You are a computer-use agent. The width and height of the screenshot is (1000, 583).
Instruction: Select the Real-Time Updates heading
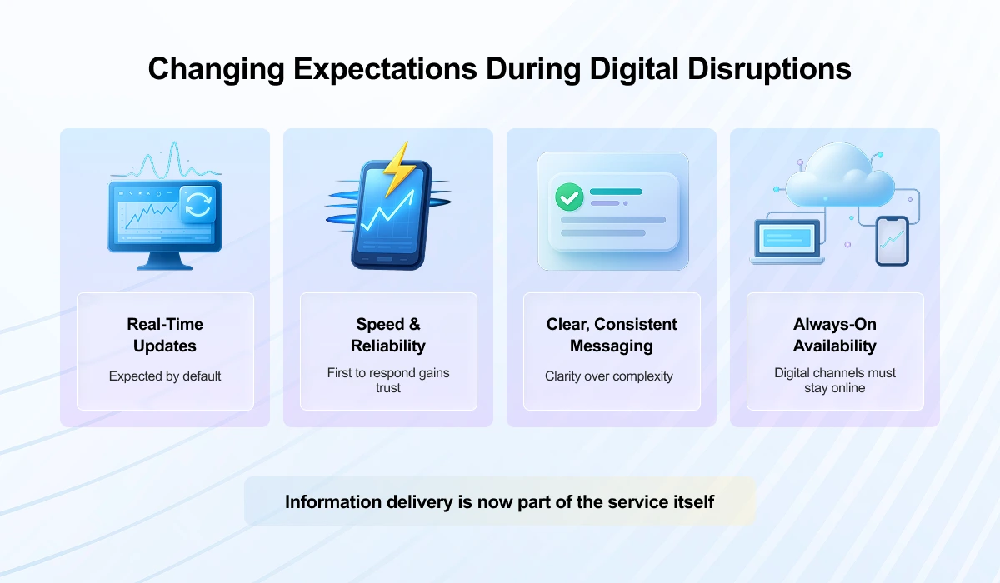click(x=165, y=335)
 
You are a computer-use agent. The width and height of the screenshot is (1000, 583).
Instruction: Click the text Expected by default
click(x=165, y=376)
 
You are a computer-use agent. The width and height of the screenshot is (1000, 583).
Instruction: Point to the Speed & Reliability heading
click(x=388, y=335)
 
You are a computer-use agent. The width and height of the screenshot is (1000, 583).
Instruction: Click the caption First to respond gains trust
click(x=388, y=380)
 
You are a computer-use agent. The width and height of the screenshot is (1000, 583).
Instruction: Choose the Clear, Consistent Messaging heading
click(x=612, y=335)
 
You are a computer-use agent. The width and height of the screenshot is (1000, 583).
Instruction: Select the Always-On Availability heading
click(x=835, y=335)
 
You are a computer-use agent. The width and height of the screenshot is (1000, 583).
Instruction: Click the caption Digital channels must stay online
click(x=835, y=380)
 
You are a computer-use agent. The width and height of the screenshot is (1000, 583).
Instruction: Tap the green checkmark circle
click(x=569, y=197)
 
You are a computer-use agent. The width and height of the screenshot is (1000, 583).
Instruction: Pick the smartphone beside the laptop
click(x=892, y=241)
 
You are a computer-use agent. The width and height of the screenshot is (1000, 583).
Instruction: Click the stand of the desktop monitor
click(x=164, y=262)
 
